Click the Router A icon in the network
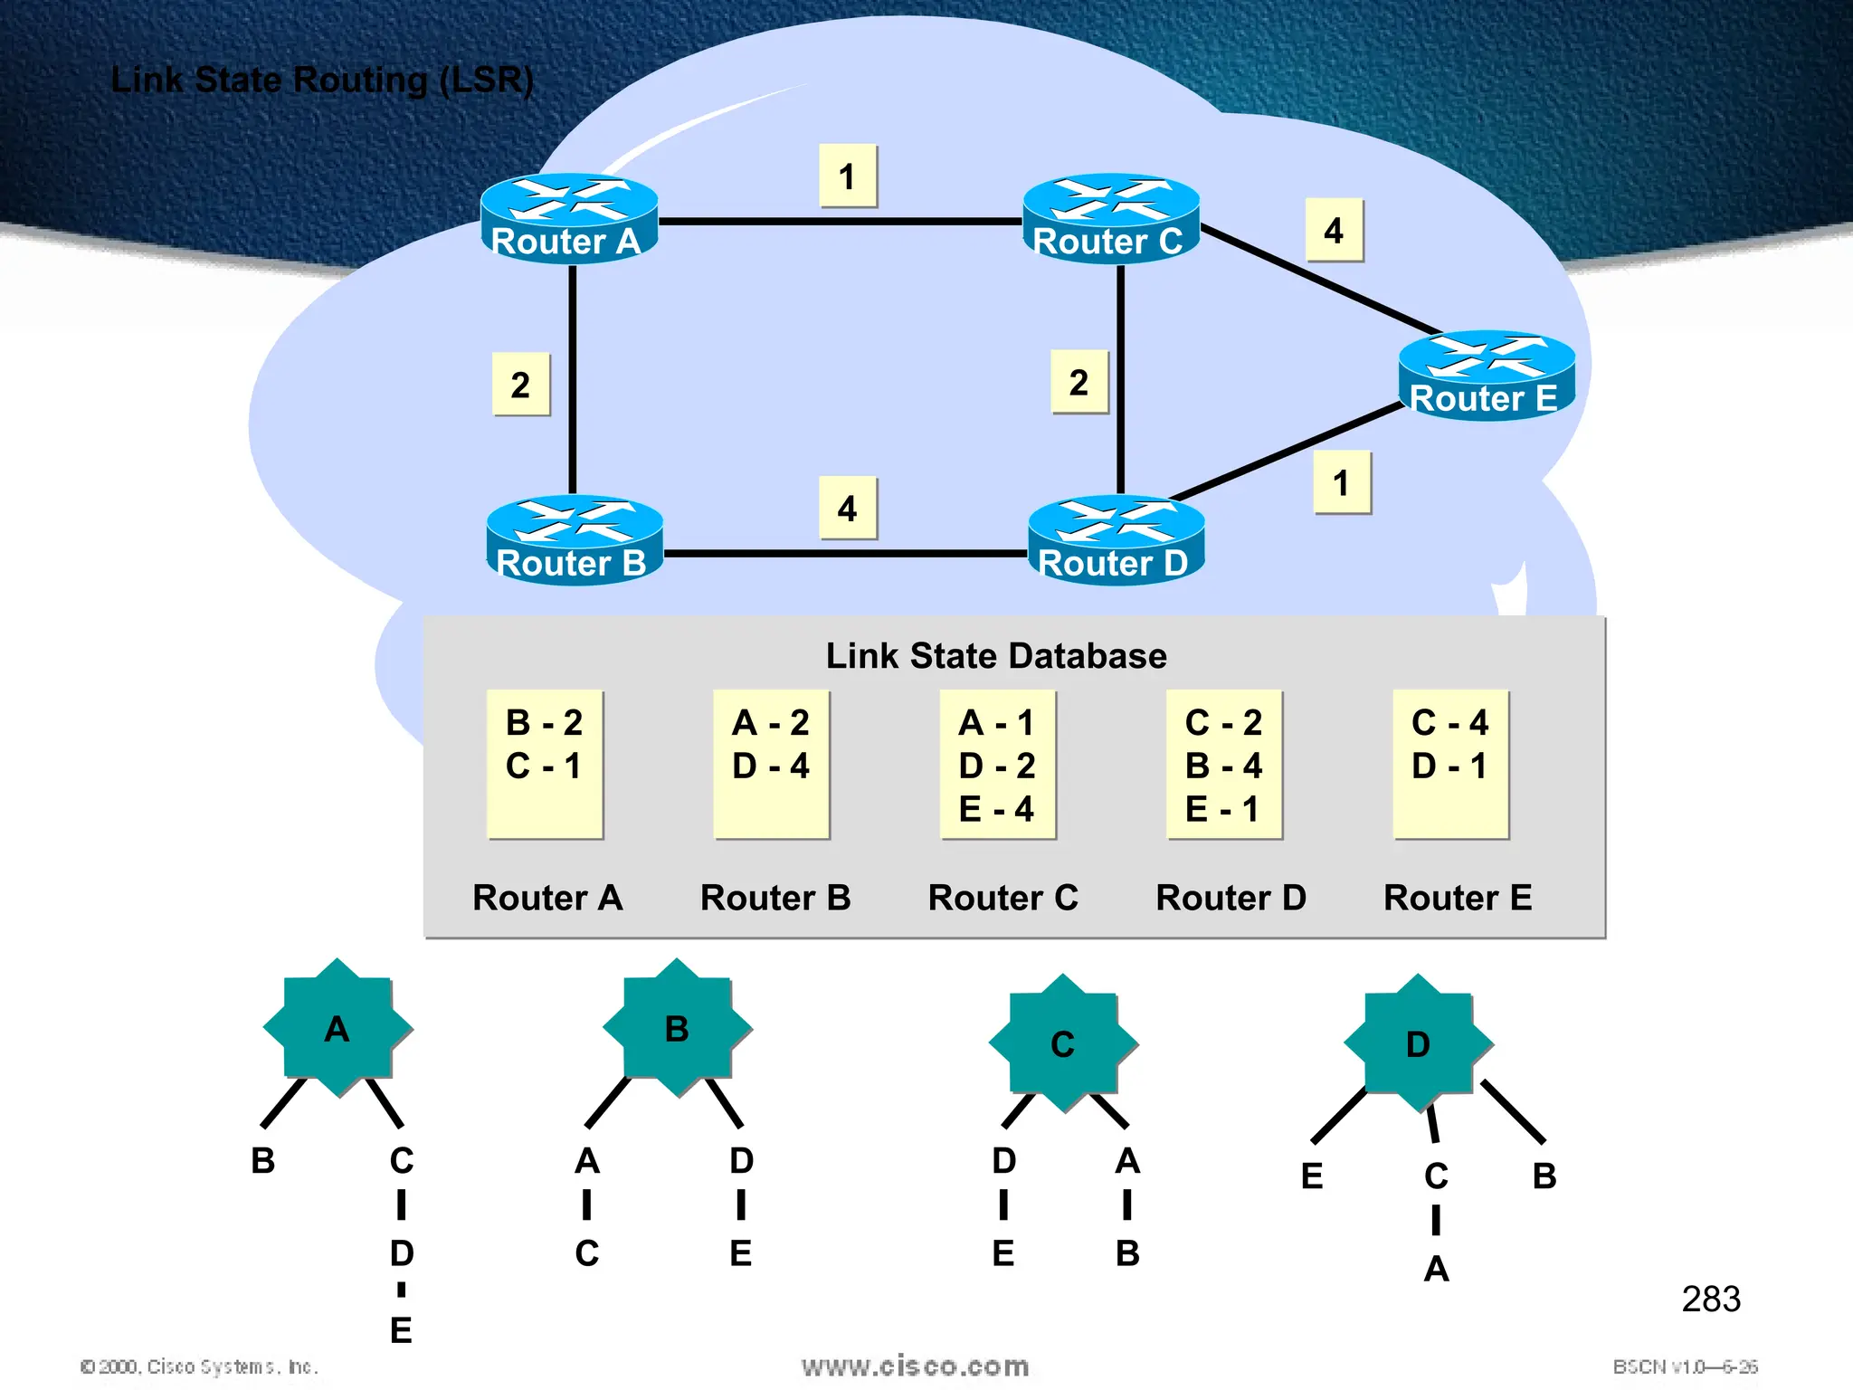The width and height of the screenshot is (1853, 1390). pos(569,218)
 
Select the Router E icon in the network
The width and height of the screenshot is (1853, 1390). pos(1487,376)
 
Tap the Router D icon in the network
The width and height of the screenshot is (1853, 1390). pos(1117,540)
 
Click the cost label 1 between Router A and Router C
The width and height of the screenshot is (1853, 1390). pos(848,176)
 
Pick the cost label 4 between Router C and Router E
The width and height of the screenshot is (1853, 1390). pos(1334,231)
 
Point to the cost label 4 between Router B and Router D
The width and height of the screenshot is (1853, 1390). pos(848,508)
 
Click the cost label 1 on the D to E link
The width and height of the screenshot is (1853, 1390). pos(1342,483)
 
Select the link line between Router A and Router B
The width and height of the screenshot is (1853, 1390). pos(572,380)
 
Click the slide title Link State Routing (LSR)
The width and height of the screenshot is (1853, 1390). pos(322,80)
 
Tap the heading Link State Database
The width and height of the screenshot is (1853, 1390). pos(996,655)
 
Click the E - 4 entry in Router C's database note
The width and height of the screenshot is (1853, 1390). pos(996,809)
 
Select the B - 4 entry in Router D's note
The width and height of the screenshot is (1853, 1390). pos(1223,766)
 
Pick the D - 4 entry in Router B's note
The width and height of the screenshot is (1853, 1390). pos(771,766)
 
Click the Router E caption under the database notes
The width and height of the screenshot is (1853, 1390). pos(1458,897)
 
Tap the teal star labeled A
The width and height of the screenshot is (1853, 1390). pos(337,1029)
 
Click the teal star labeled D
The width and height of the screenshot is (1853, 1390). pos(1418,1044)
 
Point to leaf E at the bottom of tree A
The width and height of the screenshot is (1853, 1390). pos(401,1330)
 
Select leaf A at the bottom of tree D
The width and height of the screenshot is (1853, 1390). pos(1436,1269)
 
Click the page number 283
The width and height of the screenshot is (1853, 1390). pos(1710,1299)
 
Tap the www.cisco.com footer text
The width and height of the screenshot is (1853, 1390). pos(915,1366)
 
